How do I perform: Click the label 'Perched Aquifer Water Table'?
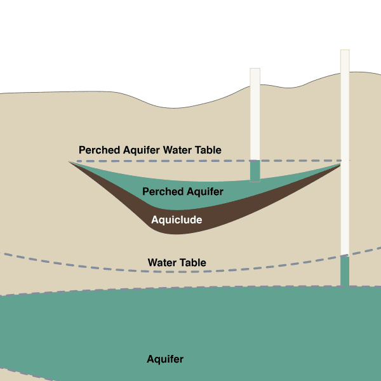[150, 150]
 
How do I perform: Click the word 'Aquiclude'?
[177, 220]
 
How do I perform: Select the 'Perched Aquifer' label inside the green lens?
[182, 191]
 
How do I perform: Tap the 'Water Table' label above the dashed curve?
[177, 262]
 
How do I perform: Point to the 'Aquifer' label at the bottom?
[165, 359]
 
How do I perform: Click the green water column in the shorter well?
[255, 171]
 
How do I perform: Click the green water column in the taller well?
[345, 271]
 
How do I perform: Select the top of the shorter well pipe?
[255, 69]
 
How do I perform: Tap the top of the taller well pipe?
[345, 51]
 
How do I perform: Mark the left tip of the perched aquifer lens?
[70, 163]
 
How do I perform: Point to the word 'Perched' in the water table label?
[97, 150]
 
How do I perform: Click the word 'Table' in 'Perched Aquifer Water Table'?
[208, 150]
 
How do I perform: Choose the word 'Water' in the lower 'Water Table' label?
[161, 262]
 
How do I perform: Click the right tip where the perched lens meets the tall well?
[340, 164]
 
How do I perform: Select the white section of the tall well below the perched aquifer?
[345, 210]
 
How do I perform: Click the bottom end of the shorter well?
[255, 181]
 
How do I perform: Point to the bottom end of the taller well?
[345, 286]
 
